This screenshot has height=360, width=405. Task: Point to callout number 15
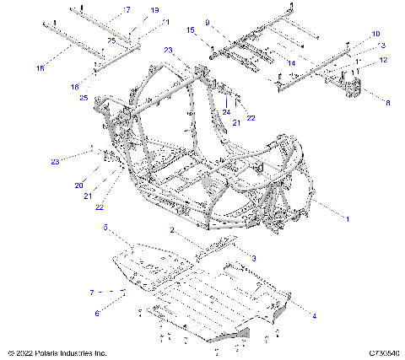point(191,30)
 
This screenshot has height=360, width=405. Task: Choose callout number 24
point(226,111)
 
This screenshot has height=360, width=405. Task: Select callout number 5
point(105,228)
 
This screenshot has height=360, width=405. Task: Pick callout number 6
point(97,313)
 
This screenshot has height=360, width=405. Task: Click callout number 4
point(315,316)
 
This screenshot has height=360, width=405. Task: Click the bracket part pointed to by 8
point(348,87)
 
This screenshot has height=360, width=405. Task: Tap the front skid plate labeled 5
point(148,257)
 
